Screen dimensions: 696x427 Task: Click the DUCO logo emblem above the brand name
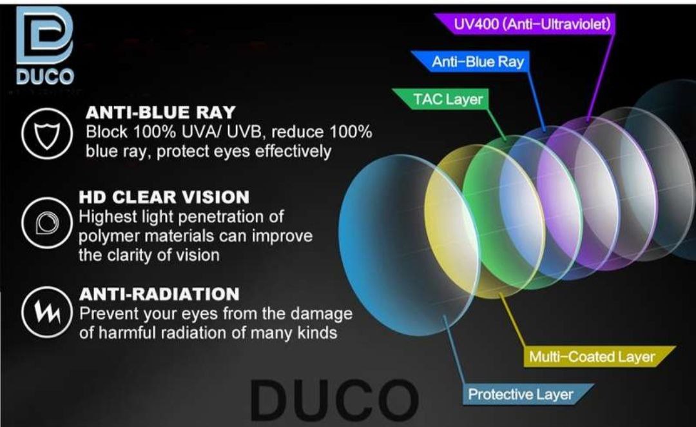(x=44, y=35)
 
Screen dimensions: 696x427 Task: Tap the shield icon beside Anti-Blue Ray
(x=46, y=134)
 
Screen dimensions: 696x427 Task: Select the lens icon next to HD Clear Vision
(x=46, y=222)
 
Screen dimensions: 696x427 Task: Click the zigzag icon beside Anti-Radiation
(x=46, y=312)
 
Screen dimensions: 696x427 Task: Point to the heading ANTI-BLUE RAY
(x=160, y=112)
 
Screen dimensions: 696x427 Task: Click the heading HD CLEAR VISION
(x=164, y=197)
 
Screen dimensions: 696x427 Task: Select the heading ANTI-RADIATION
(x=159, y=294)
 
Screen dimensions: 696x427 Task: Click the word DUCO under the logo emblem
(x=45, y=77)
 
